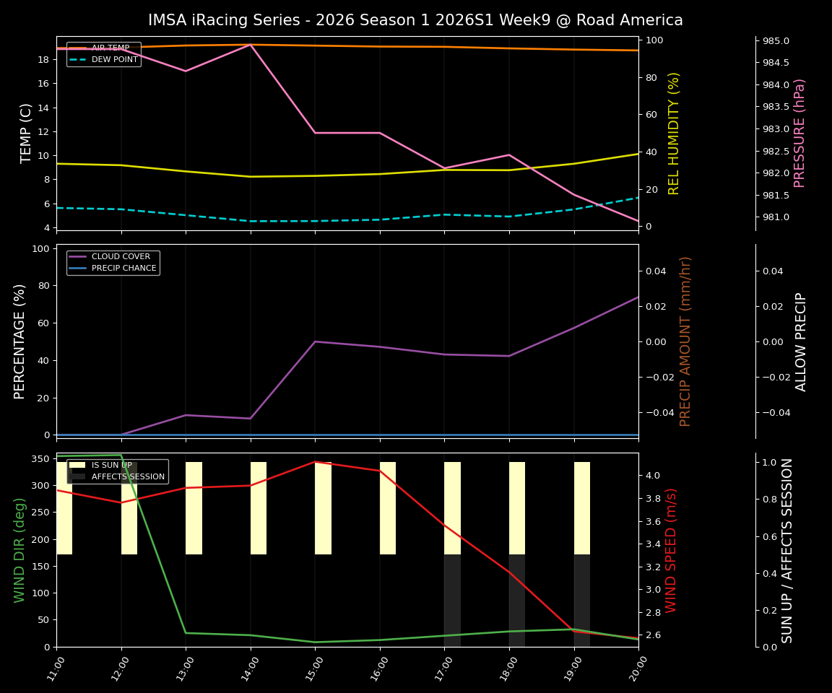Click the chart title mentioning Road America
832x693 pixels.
(x=415, y=20)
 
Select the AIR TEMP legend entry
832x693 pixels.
(x=110, y=48)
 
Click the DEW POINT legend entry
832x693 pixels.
(x=114, y=60)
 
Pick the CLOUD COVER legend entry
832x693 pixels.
(x=121, y=256)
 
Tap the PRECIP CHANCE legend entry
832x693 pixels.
(x=123, y=269)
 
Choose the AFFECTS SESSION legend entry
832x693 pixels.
(x=128, y=476)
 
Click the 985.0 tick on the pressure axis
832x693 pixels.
(x=776, y=41)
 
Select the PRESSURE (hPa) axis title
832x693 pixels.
(x=799, y=133)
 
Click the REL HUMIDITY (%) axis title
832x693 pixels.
(x=674, y=133)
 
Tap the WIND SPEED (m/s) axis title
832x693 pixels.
(x=671, y=550)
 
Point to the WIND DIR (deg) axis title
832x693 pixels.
(x=19, y=550)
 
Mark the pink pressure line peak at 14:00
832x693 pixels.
(x=251, y=45)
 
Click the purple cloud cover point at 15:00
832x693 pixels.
(x=315, y=341)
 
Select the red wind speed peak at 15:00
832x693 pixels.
(x=315, y=462)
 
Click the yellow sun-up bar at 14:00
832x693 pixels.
(x=259, y=508)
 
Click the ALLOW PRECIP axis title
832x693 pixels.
(x=801, y=341)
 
